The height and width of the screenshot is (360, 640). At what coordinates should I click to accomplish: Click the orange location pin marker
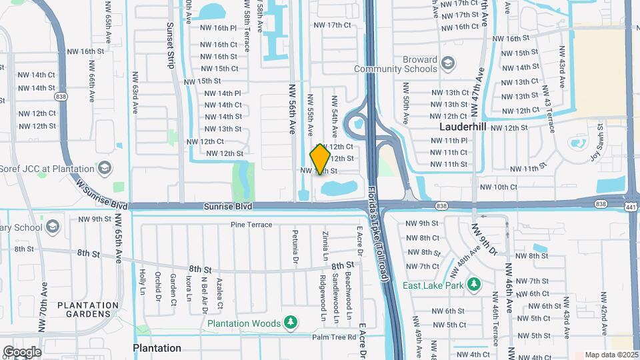pyautogui.click(x=320, y=159)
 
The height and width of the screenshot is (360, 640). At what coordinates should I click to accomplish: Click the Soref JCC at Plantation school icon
pyautogui.click(x=104, y=168)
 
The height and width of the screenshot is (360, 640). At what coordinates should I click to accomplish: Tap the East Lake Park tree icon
pyautogui.click(x=473, y=285)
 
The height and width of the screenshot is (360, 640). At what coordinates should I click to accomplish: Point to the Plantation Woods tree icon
pyautogui.click(x=290, y=323)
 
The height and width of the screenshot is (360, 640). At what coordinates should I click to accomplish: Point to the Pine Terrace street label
pyautogui.click(x=251, y=225)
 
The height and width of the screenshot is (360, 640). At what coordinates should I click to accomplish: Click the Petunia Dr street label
pyautogui.click(x=295, y=246)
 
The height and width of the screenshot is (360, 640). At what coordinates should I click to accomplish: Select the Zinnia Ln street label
pyautogui.click(x=325, y=247)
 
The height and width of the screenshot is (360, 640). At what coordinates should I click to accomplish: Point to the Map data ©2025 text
pyautogui.click(x=611, y=355)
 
